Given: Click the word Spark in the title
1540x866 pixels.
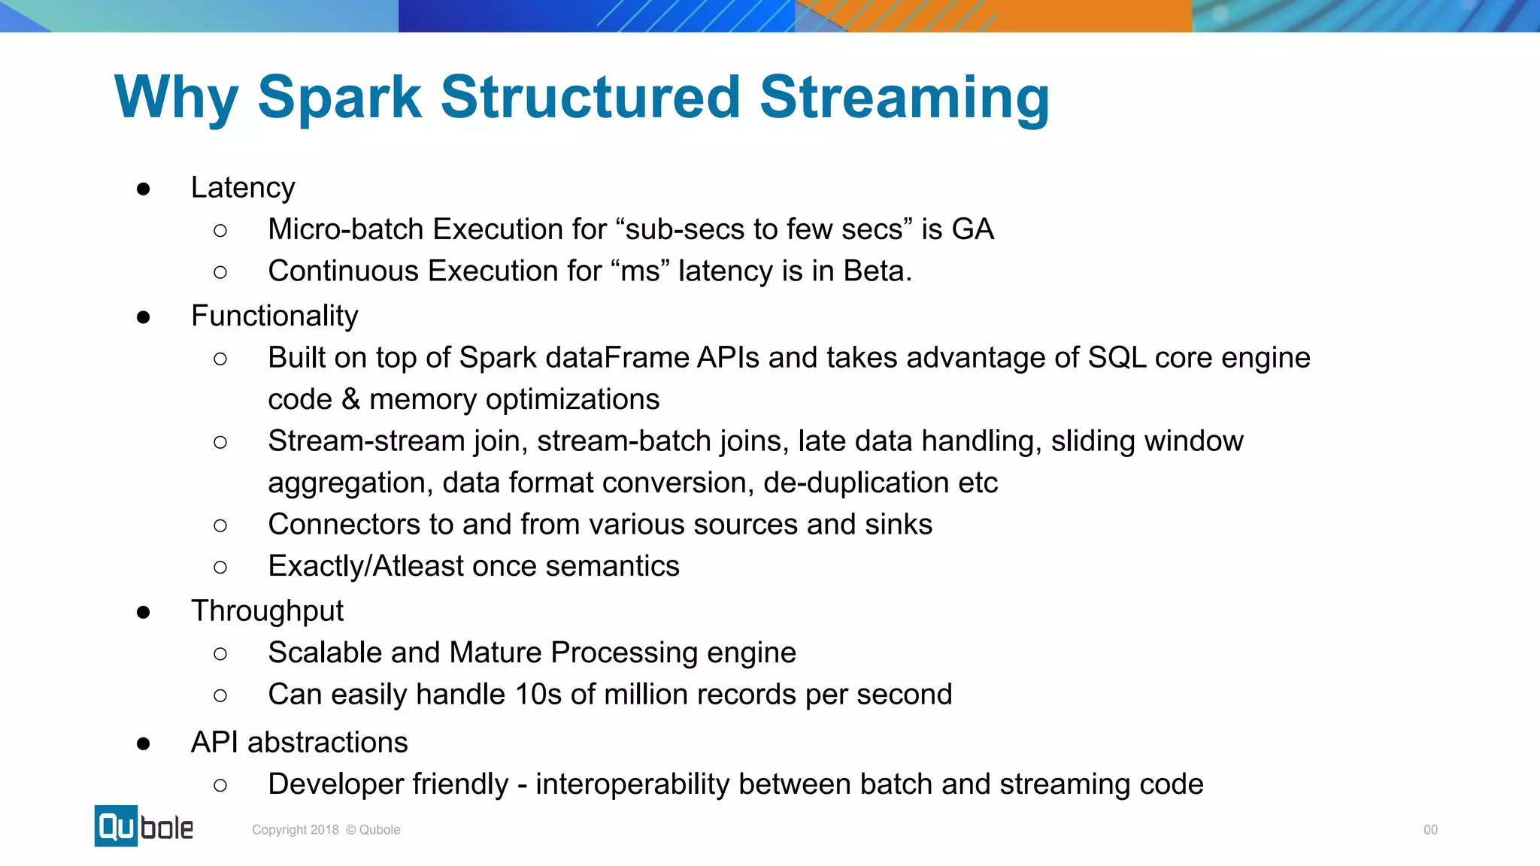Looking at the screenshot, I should tap(339, 98).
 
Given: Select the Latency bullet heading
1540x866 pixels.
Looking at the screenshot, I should tap(242, 188).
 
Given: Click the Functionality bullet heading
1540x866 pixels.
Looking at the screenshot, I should tap(274, 316).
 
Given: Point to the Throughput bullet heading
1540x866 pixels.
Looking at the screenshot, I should tap(267, 611).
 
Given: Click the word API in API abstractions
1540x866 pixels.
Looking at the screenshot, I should tap(214, 743).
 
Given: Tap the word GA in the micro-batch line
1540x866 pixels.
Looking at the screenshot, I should tap(972, 229).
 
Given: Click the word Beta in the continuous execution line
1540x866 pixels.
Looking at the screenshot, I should tap(877, 271).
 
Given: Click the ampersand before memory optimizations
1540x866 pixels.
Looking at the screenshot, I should tap(350, 400).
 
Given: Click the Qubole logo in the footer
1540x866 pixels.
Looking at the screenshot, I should tap(144, 826).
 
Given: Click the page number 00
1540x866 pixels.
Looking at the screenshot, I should tap(1430, 830).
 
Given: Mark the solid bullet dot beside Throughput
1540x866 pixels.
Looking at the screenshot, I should tap(144, 613).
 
